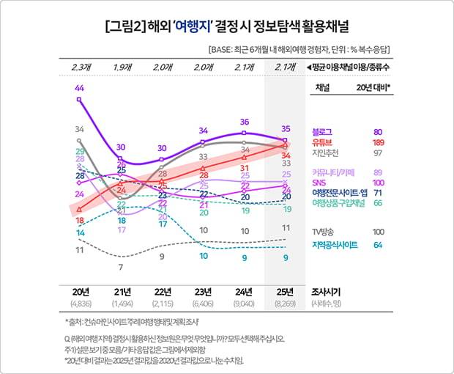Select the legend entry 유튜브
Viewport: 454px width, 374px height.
[323, 142]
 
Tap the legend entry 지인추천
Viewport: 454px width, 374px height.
[326, 153]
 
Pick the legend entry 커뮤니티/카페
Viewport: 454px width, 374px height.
[332, 172]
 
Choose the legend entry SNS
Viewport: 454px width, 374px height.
[320, 183]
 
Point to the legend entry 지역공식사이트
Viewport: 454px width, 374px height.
[335, 245]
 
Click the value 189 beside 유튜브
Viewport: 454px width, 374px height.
[379, 142]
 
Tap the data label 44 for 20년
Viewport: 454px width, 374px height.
[79, 89]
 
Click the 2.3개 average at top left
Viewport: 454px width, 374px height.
[80, 68]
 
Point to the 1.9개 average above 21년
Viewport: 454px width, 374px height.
[122, 68]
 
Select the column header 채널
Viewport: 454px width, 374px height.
[323, 87]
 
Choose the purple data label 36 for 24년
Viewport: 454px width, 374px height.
[245, 122]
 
